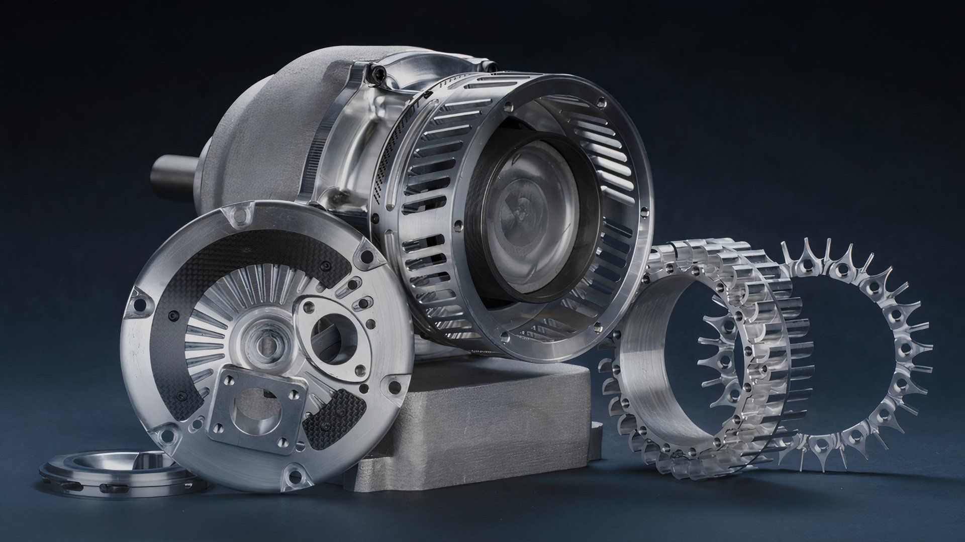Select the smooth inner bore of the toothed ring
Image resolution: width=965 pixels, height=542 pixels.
point(648,372)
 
